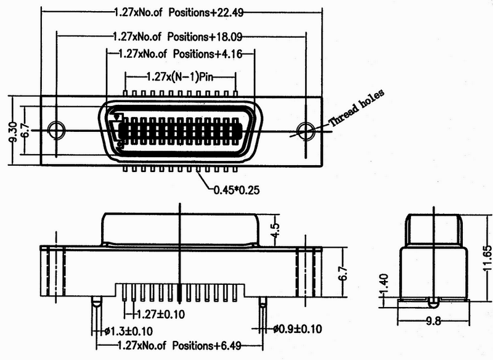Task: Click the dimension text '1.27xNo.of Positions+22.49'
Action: (179, 12)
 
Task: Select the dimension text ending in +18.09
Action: (177, 37)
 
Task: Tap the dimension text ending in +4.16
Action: (181, 54)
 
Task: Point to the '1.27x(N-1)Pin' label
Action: (180, 76)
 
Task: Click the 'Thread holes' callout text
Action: (356, 108)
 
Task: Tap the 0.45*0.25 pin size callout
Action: (237, 190)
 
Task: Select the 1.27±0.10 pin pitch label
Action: (161, 314)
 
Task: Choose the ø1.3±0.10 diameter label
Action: (129, 331)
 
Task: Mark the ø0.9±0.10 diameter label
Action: (298, 329)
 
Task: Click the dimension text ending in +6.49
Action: (179, 346)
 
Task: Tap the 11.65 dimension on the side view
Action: (487, 258)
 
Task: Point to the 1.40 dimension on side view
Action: (384, 284)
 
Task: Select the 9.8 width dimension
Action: (433, 322)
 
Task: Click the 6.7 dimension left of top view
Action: (26, 129)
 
